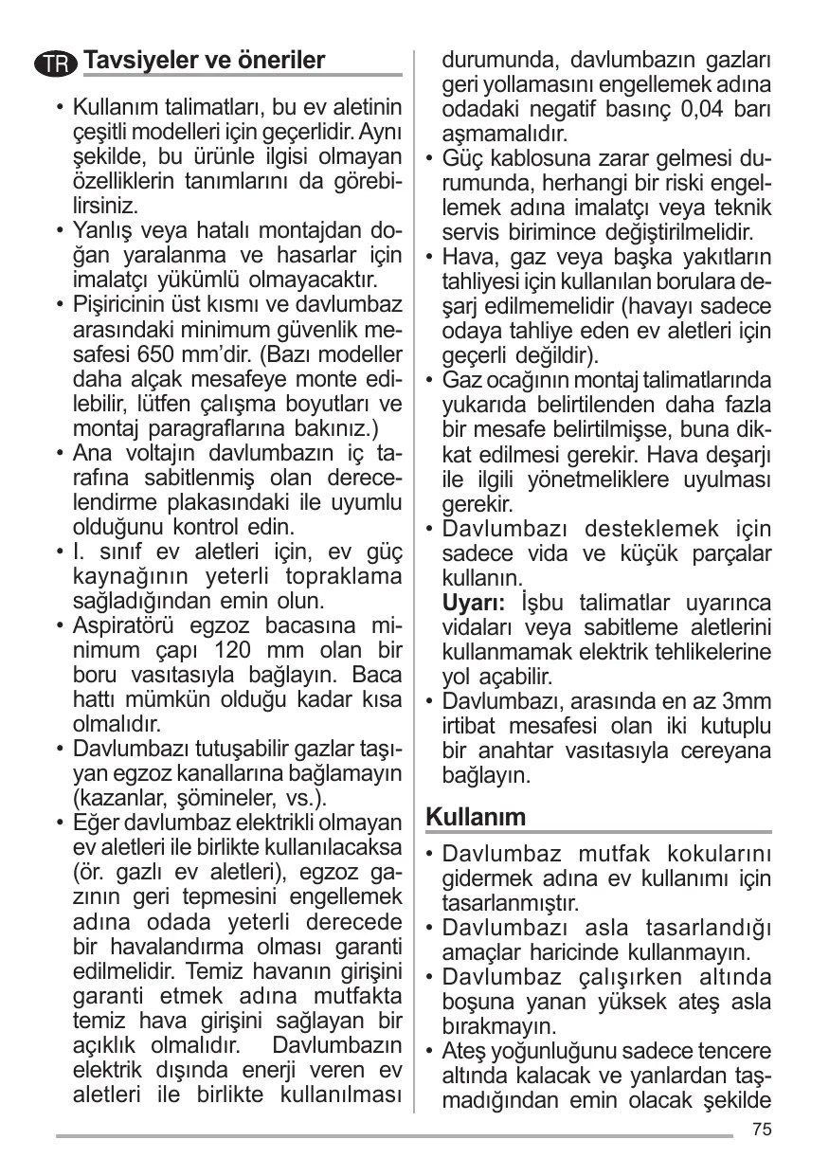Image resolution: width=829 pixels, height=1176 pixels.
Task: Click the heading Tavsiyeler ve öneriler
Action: click(x=204, y=61)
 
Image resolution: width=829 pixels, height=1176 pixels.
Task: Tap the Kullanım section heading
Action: click(x=476, y=815)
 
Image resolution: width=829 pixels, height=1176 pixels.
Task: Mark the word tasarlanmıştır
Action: click(x=511, y=902)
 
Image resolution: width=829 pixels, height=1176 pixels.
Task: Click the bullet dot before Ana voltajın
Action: click(x=60, y=453)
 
